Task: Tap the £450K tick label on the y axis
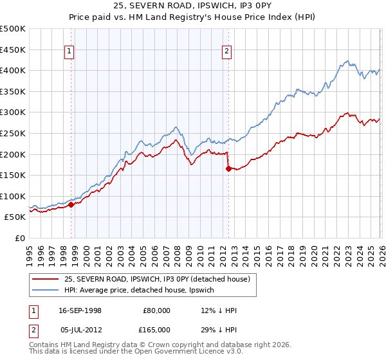click(x=13, y=50)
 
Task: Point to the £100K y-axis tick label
click(x=13, y=196)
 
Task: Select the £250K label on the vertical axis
click(x=13, y=133)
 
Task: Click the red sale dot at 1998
click(x=71, y=204)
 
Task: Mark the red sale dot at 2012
click(x=228, y=169)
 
